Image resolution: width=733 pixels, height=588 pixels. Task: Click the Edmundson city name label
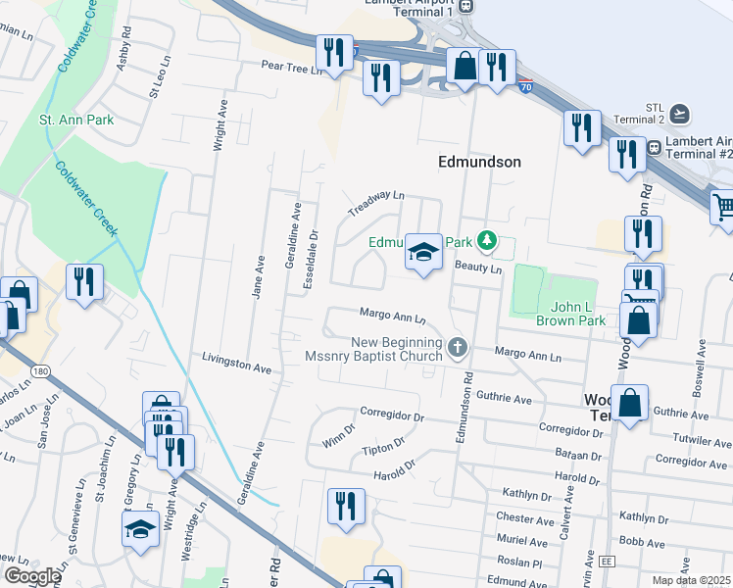(479, 162)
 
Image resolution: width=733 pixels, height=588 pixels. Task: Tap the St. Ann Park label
(75, 120)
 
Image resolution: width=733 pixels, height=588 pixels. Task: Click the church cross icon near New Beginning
(457, 347)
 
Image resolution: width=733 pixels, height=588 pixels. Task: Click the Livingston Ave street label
(236, 366)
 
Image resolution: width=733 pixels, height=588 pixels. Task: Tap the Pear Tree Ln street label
(291, 70)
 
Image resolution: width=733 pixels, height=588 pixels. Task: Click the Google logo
(32, 576)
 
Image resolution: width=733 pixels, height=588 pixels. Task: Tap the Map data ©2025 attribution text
(692, 580)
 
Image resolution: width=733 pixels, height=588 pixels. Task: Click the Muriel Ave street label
(522, 541)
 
